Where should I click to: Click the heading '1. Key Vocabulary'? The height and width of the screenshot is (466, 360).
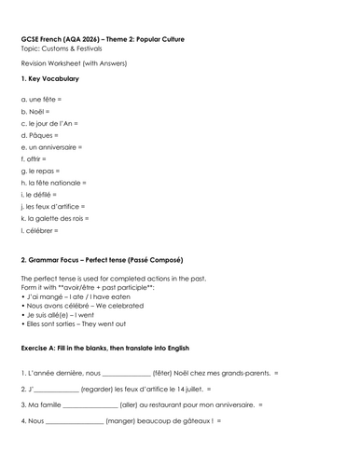pyautogui.click(x=49, y=78)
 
